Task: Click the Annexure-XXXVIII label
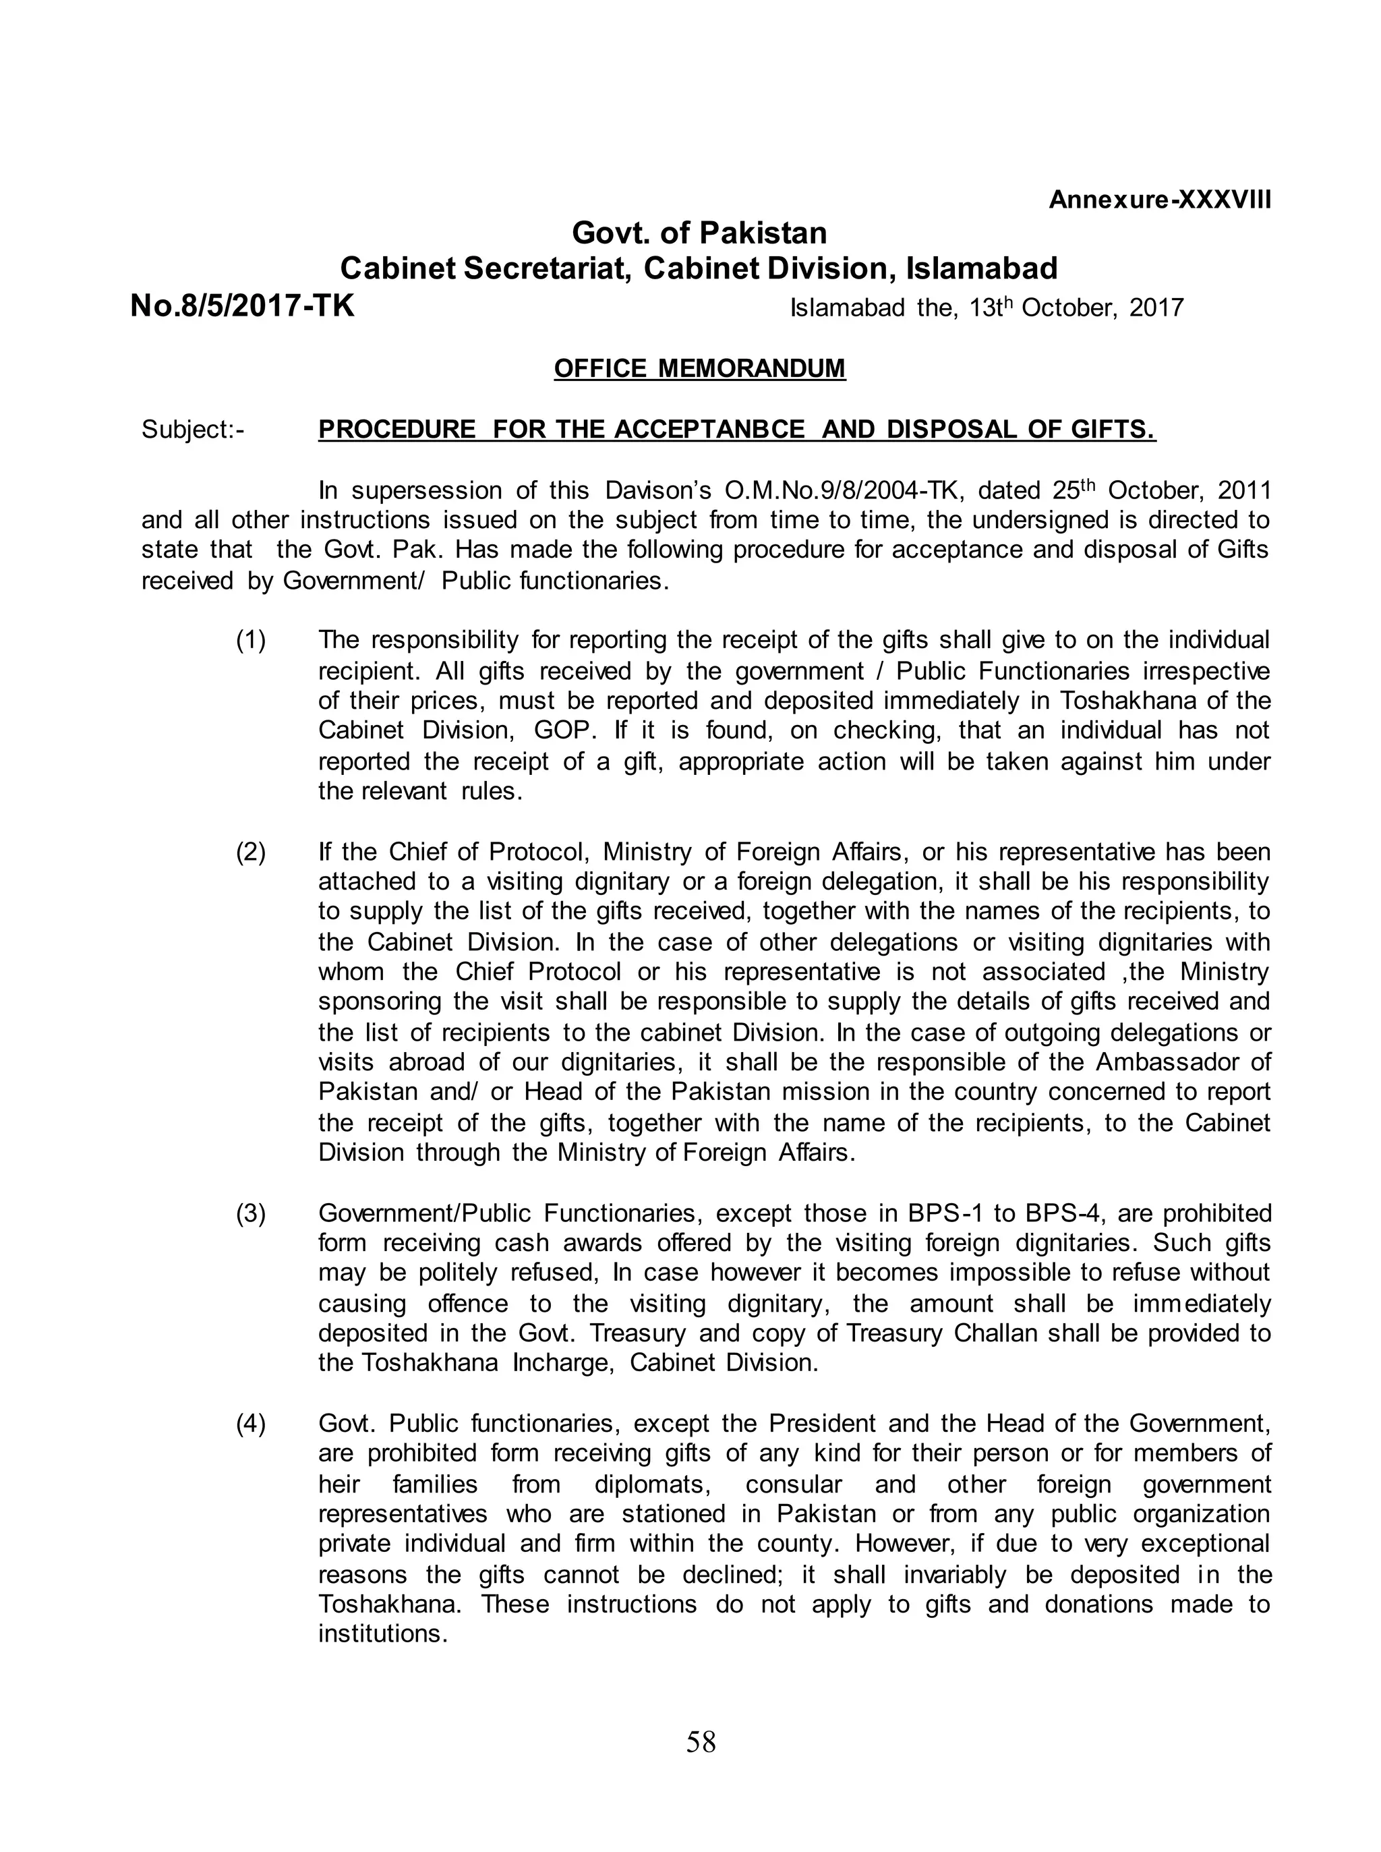click(x=1159, y=201)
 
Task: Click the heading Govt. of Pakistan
click(x=699, y=233)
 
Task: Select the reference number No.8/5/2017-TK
click(x=243, y=306)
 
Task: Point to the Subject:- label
click(x=193, y=430)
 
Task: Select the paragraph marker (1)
click(x=251, y=641)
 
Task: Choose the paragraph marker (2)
click(x=251, y=852)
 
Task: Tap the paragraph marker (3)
click(x=251, y=1213)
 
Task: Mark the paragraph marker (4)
click(x=251, y=1424)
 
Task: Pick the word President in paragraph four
click(x=823, y=1424)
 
